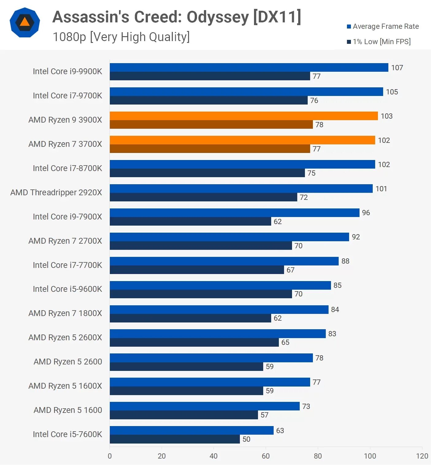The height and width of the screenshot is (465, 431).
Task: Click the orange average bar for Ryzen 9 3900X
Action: [244, 116]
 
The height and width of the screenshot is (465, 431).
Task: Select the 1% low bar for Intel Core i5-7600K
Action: [175, 439]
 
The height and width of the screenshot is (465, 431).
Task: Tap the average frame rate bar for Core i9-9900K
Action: [249, 67]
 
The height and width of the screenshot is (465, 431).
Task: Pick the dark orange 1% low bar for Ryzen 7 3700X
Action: [210, 149]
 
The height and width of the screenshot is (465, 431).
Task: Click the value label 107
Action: [397, 68]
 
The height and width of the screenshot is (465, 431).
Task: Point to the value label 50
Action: [246, 439]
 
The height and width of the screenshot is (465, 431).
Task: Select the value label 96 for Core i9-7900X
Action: [366, 213]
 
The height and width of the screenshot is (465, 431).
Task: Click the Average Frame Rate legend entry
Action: [383, 26]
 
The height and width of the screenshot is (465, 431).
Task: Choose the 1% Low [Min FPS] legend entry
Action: [379, 42]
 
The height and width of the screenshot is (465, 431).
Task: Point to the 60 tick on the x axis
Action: [266, 456]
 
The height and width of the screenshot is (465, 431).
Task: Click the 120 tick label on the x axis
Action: [422, 456]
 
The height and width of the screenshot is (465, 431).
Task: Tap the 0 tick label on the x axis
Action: [110, 456]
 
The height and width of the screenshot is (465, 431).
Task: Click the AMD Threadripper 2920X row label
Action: [56, 192]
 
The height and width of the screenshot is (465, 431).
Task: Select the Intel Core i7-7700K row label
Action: [67, 265]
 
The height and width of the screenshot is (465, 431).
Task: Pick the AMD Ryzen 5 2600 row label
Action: [68, 362]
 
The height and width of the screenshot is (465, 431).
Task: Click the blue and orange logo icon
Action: [25, 22]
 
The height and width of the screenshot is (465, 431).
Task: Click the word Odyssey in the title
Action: [217, 17]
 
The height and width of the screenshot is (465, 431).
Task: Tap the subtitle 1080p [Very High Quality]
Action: [121, 37]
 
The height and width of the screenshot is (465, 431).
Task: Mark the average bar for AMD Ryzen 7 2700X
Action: [229, 237]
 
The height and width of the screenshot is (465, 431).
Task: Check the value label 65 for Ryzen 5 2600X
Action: [285, 342]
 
